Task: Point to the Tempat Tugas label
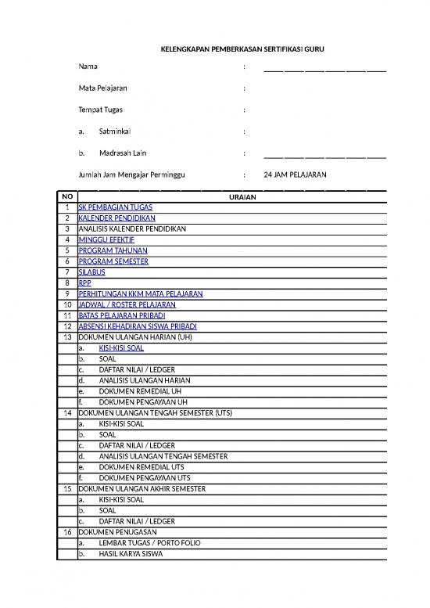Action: click(x=100, y=110)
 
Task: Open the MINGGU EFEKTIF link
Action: click(x=106, y=239)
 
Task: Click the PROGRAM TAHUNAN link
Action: click(x=113, y=250)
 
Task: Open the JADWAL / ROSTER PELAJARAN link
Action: click(x=127, y=304)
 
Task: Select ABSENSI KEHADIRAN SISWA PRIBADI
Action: click(x=138, y=326)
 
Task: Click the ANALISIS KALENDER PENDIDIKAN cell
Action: click(x=132, y=228)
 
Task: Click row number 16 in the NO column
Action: click(x=67, y=531)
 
